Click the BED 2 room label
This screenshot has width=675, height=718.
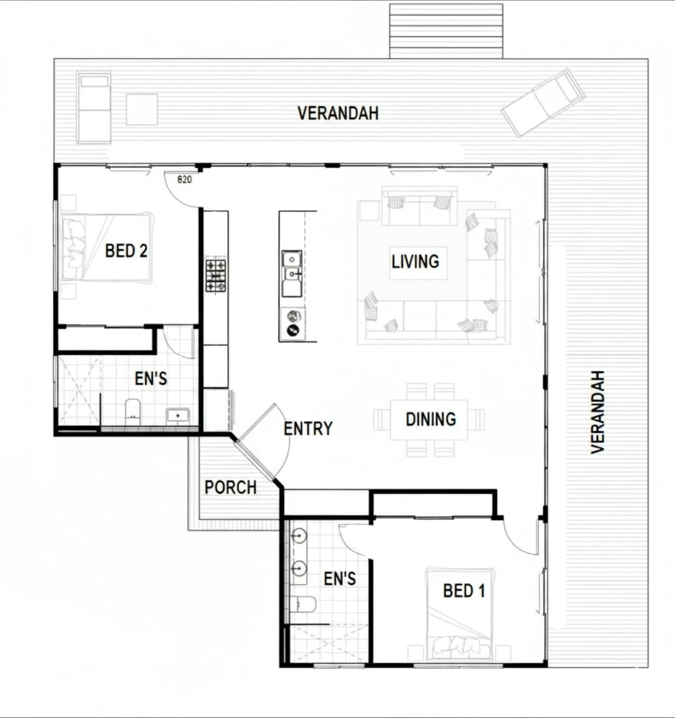pyautogui.click(x=126, y=251)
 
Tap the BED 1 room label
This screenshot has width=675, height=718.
pyautogui.click(x=464, y=591)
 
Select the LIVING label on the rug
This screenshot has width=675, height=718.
pyautogui.click(x=415, y=261)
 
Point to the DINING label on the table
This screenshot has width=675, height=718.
pyautogui.click(x=431, y=419)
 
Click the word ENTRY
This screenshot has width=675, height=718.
pyautogui.click(x=308, y=429)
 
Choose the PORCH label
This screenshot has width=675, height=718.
pyautogui.click(x=230, y=487)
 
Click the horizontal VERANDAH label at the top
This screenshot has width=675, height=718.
pyautogui.click(x=338, y=113)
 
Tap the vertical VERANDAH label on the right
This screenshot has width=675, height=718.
pyautogui.click(x=597, y=412)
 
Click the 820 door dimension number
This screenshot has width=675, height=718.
pyautogui.click(x=185, y=180)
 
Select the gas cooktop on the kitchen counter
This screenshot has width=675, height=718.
pyautogui.click(x=216, y=276)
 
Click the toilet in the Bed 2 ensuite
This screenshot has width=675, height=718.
pyautogui.click(x=133, y=412)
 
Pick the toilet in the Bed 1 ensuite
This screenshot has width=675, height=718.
pyautogui.click(x=303, y=604)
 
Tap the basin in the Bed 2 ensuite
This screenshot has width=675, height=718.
pyautogui.click(x=177, y=416)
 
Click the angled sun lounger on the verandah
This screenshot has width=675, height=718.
pyautogui.click(x=542, y=103)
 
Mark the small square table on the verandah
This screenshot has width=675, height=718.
pyautogui.click(x=142, y=109)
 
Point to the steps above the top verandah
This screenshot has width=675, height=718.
pyautogui.click(x=446, y=31)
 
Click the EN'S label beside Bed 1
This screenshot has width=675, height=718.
pyautogui.click(x=340, y=579)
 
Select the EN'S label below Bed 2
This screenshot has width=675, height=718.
pyautogui.click(x=151, y=379)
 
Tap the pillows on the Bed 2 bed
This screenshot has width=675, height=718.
pyautogui.click(x=75, y=249)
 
